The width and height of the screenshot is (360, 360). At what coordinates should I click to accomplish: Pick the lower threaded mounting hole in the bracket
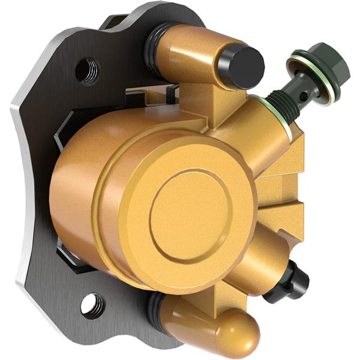pyautogui.click(x=92, y=304)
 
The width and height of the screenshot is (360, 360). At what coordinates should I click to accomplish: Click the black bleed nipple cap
pyautogui.click(x=295, y=282)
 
